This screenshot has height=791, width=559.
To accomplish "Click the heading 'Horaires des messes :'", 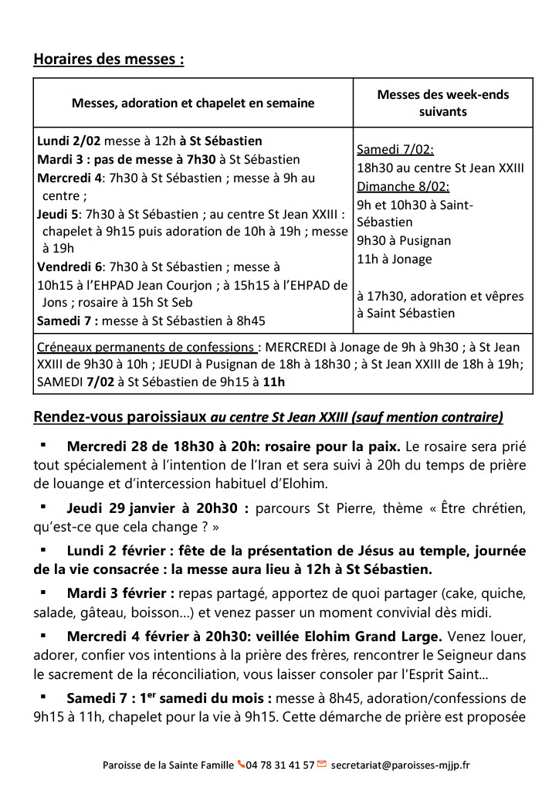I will tap(109, 59).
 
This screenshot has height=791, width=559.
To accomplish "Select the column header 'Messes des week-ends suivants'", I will tap(443, 103).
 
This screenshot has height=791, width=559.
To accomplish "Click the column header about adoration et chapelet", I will tap(193, 103).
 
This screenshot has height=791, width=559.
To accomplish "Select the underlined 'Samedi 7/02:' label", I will tap(395, 150).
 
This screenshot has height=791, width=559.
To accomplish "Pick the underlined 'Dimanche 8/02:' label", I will tap(402, 187).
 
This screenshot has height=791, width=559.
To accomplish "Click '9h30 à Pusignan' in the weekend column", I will tap(404, 240).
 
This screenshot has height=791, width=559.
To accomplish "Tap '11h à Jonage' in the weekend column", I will tap(394, 259).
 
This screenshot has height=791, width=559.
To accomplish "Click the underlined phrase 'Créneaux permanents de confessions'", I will tap(147, 346).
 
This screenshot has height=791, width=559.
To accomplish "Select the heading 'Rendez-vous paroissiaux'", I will tap(120, 418).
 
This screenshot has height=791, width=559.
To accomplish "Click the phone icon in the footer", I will tap(242, 765).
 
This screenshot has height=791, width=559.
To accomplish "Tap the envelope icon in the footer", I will tap(322, 765).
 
